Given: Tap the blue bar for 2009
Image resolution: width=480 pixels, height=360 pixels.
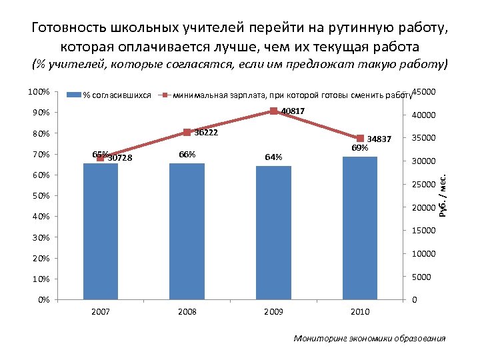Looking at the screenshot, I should click(273, 233).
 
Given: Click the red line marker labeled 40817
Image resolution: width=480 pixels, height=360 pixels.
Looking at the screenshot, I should click(273, 111).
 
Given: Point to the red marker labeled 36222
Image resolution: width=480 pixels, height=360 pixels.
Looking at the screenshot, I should click(187, 133).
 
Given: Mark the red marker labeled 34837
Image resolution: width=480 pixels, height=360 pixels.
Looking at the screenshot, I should click(360, 138).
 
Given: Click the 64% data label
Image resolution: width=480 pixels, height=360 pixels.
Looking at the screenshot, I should click(273, 157).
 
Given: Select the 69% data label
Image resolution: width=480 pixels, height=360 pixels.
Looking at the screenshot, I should click(360, 147).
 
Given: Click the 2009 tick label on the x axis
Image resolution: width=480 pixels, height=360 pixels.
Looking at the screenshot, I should click(273, 312).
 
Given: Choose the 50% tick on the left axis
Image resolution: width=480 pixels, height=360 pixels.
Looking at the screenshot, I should click(42, 196).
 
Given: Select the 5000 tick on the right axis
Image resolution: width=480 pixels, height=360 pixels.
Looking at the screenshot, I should click(422, 277).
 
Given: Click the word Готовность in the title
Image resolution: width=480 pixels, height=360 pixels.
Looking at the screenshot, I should click(69, 29).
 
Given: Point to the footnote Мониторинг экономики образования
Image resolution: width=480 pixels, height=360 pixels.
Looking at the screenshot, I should click(369, 339).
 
